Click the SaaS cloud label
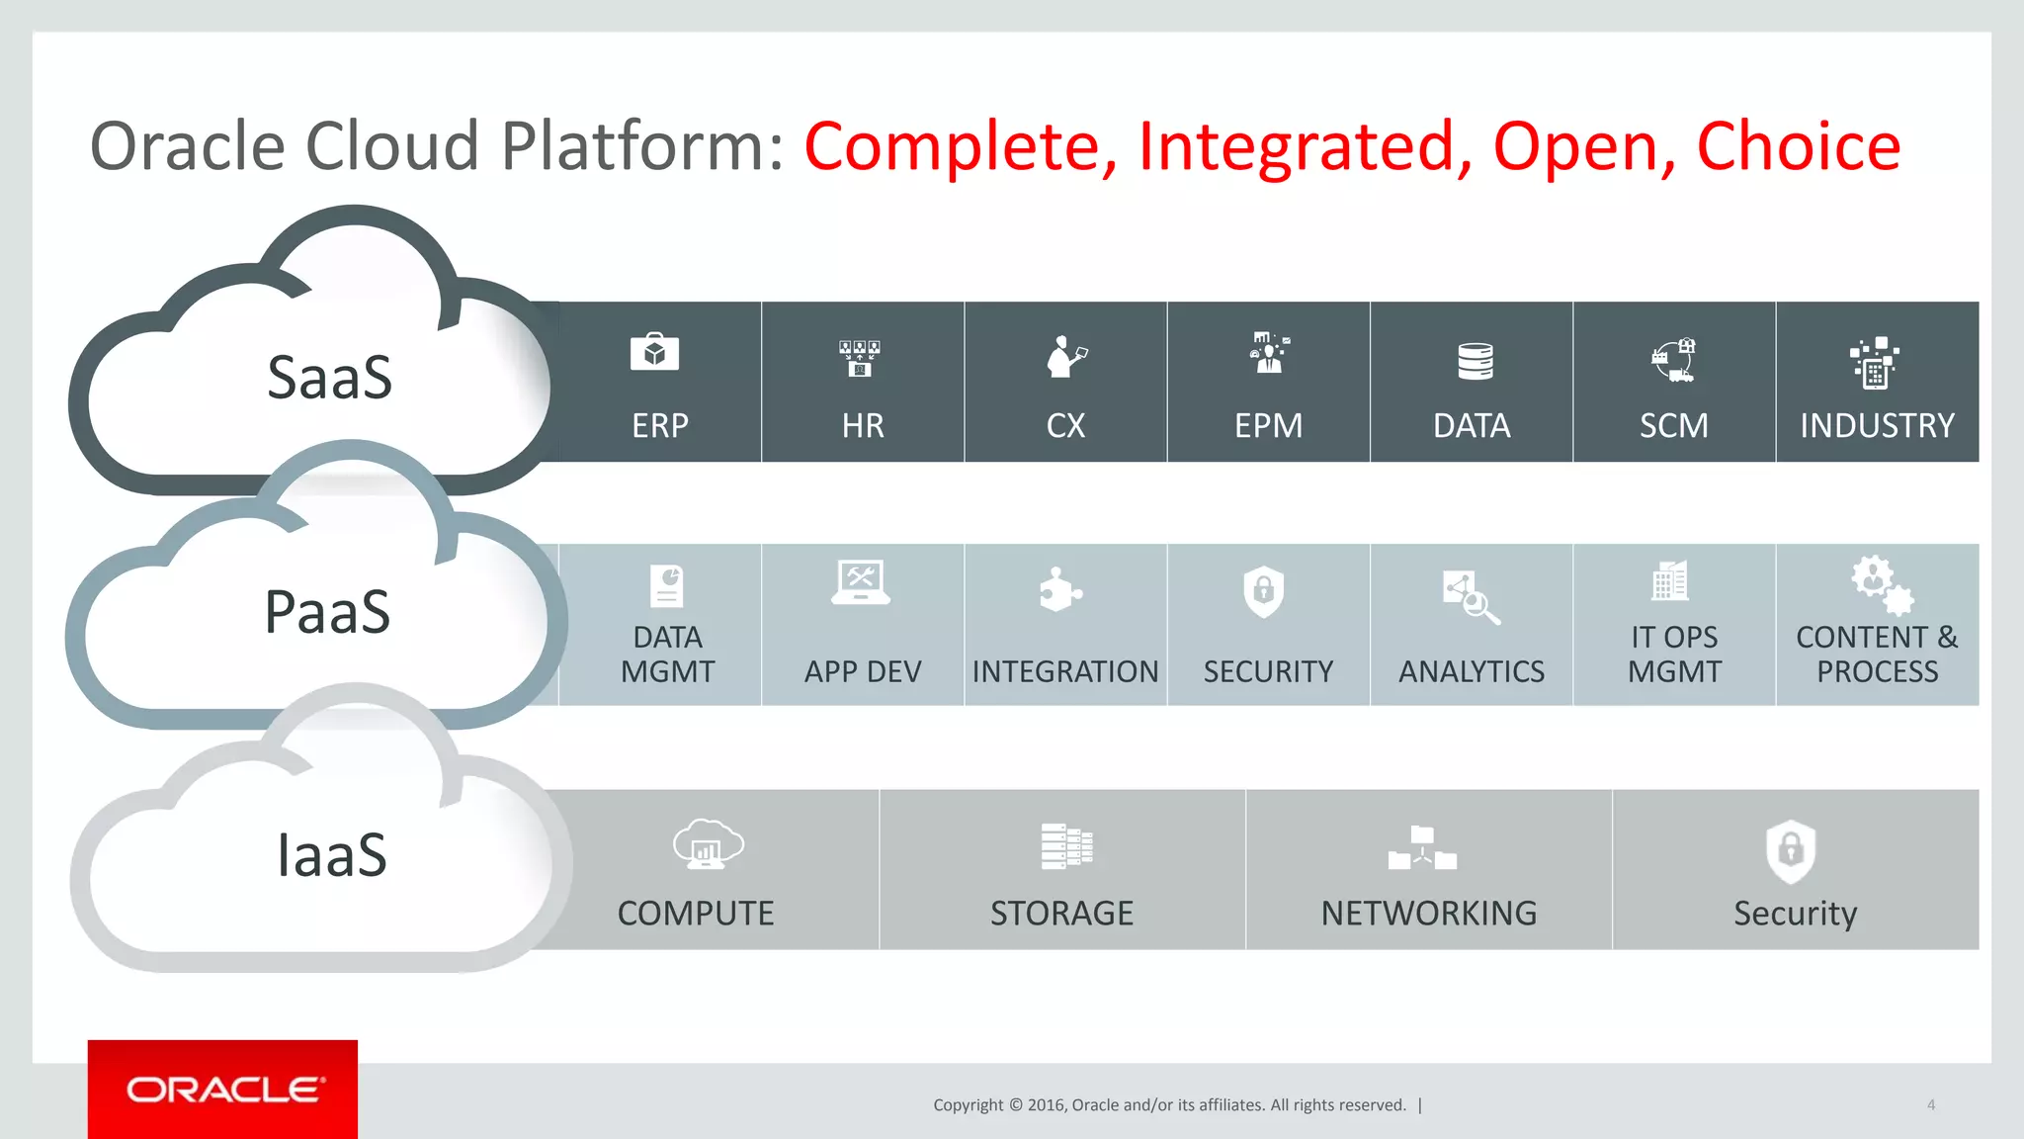click(x=330, y=378)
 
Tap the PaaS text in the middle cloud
click(x=327, y=612)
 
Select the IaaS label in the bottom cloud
click(x=331, y=855)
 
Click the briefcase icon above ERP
click(x=654, y=353)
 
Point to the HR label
click(x=863, y=426)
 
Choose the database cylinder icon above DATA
click(x=1475, y=361)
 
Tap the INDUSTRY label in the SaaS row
click(x=1877, y=426)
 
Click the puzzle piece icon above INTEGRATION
click(x=1059, y=590)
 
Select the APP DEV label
click(x=862, y=672)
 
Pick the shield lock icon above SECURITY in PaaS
click(x=1263, y=591)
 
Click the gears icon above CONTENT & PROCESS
click(x=1882, y=585)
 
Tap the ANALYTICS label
click(x=1471, y=672)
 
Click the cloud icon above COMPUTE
click(x=708, y=843)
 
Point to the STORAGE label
click(x=1061, y=914)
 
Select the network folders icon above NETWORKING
click(x=1422, y=848)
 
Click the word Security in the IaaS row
click(x=1795, y=914)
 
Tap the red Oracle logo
click(x=223, y=1090)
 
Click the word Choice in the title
click(x=1798, y=146)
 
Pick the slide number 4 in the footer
click(x=1930, y=1105)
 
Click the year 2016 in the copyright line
click(x=1045, y=1105)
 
